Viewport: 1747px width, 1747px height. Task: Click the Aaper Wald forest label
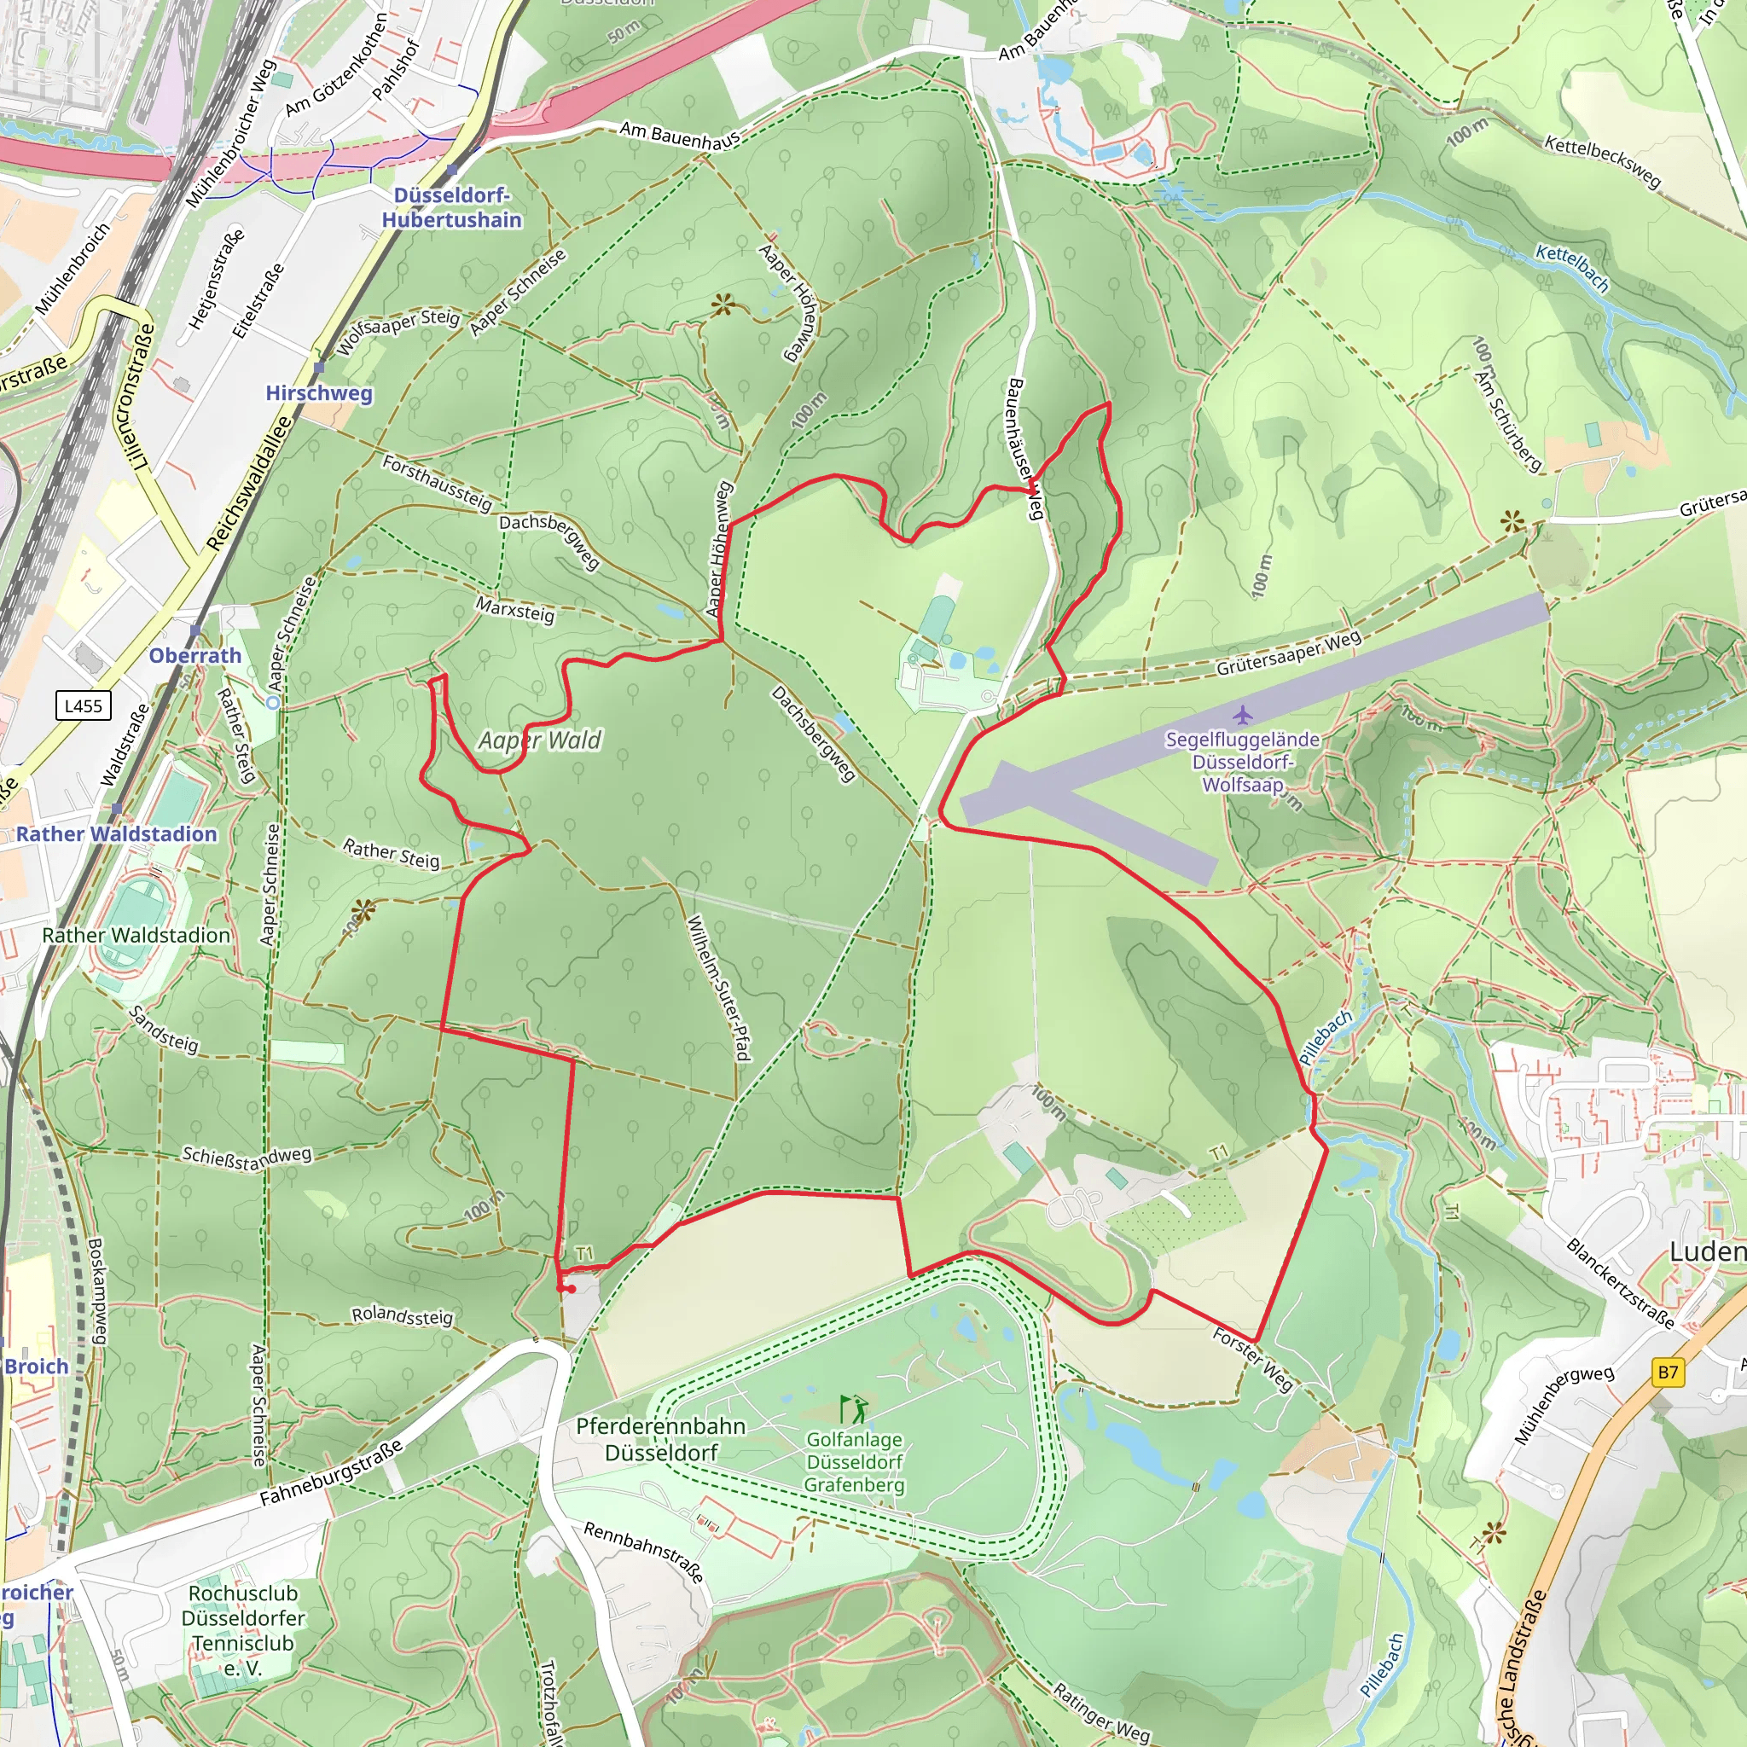(540, 740)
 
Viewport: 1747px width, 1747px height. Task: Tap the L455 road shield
(84, 705)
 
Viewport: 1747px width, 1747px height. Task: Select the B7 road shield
(1668, 1372)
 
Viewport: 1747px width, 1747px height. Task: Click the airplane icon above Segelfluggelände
(1242, 715)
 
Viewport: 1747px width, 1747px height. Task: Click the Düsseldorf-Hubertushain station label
(451, 208)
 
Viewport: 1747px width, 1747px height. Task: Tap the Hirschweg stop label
(318, 393)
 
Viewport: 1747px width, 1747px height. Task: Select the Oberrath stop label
(195, 656)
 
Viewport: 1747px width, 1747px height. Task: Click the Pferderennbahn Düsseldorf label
(661, 1439)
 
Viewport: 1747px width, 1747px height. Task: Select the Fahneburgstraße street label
(331, 1473)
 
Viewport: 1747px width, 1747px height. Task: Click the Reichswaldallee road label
(250, 483)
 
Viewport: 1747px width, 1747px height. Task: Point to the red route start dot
(572, 1289)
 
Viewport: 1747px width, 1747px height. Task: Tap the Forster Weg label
(1252, 1358)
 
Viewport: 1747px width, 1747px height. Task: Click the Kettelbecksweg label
(1602, 162)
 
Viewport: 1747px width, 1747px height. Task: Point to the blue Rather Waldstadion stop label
(117, 833)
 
